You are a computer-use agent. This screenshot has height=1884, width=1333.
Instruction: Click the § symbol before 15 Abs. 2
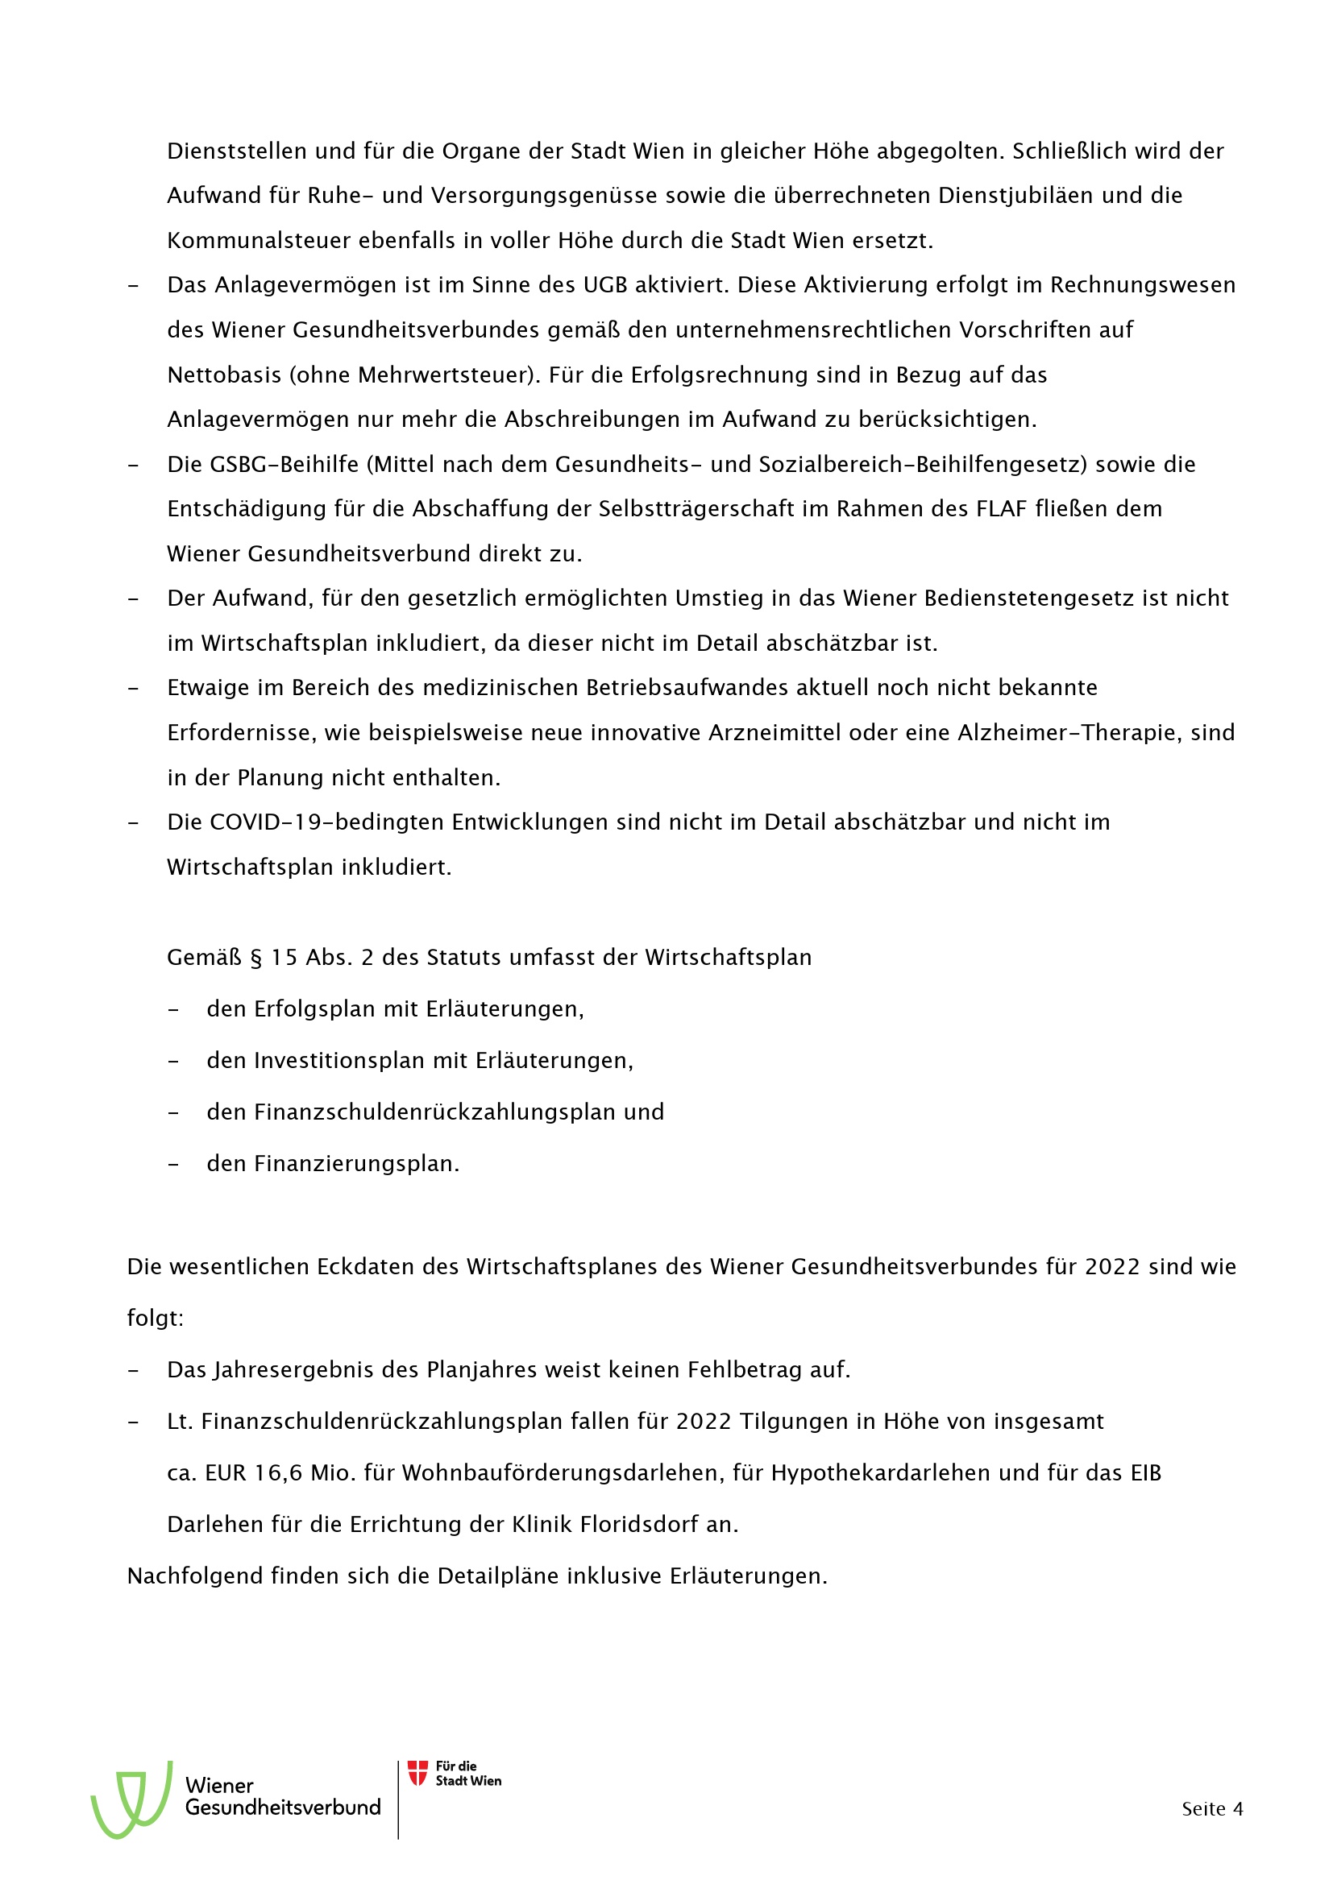click(x=256, y=958)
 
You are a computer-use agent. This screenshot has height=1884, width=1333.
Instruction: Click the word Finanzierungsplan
click(x=355, y=1164)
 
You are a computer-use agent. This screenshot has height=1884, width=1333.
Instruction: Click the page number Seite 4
click(x=1211, y=1808)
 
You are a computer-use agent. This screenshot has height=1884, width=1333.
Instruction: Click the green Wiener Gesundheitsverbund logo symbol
click(x=132, y=1799)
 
